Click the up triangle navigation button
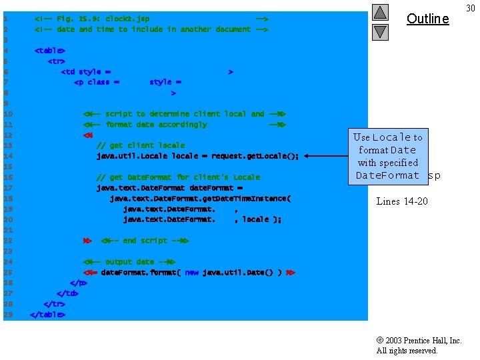(380, 12)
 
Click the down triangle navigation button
(380, 31)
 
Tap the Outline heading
(427, 19)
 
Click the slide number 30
(471, 7)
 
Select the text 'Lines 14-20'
(402, 201)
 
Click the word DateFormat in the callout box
(387, 175)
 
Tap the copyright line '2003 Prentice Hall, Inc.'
(419, 340)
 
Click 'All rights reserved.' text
(407, 351)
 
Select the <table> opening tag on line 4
(50, 51)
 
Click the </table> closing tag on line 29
(47, 315)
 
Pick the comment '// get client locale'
(141, 145)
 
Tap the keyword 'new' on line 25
(192, 273)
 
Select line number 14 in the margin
(7, 156)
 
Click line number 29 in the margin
(7, 315)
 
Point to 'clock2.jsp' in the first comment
(127, 19)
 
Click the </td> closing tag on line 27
(67, 293)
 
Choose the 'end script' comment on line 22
(145, 241)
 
